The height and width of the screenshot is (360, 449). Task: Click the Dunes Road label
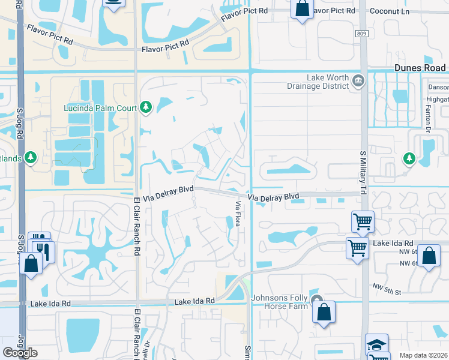(420, 68)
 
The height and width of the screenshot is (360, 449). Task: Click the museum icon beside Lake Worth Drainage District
(358, 80)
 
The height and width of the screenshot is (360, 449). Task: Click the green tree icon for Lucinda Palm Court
(145, 107)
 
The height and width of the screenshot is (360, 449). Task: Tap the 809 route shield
(360, 34)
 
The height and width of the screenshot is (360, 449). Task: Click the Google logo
(20, 353)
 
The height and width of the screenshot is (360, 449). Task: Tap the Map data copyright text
(423, 355)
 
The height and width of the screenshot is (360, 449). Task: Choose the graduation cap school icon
(376, 344)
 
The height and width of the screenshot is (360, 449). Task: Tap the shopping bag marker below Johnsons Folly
(324, 311)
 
